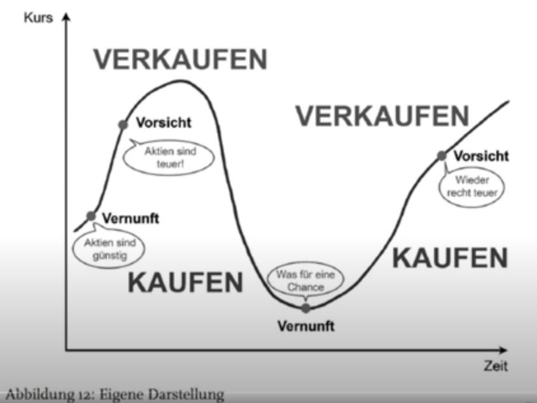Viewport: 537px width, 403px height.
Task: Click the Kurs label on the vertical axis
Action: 38,17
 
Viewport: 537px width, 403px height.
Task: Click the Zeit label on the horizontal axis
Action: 496,366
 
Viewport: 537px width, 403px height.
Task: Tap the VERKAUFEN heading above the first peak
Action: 181,59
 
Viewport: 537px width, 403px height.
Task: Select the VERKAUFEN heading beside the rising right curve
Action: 382,116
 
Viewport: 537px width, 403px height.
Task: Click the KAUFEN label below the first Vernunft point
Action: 185,282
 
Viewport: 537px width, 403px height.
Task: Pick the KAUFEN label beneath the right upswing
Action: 450,258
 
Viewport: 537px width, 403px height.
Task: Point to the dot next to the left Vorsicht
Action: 123,125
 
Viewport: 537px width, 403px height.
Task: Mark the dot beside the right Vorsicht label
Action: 442,156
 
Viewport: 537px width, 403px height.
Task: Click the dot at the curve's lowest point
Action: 306,308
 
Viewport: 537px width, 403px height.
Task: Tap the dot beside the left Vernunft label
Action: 91,216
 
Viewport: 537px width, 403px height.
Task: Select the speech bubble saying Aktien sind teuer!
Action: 169,156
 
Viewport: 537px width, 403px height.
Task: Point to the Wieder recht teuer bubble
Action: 472,185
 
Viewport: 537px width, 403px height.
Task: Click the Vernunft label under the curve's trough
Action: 306,326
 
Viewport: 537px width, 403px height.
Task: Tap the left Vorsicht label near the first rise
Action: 164,123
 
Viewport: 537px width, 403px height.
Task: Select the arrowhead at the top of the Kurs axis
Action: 66,17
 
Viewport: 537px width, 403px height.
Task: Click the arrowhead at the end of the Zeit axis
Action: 503,350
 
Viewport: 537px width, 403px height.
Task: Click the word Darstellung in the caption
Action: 186,395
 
